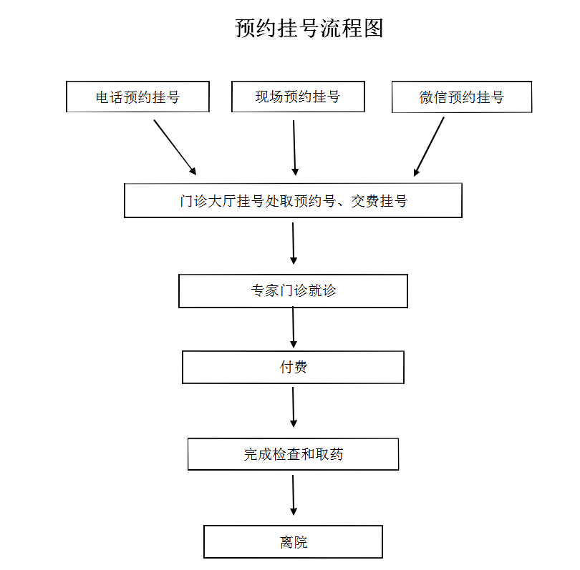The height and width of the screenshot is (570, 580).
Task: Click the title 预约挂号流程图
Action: [x=309, y=28]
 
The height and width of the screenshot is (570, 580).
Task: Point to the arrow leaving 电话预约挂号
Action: [x=175, y=147]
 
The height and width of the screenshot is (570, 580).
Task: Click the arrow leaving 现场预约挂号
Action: [x=294, y=148]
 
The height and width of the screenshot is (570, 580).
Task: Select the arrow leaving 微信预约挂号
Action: [x=429, y=147]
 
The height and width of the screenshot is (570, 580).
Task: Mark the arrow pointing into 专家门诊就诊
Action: [x=294, y=243]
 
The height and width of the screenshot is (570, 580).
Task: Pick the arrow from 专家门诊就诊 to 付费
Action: [x=294, y=328]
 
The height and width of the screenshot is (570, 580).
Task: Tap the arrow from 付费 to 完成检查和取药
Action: [x=294, y=407]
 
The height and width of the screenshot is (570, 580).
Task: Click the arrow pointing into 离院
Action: [x=294, y=495]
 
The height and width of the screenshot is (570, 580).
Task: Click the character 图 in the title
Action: [x=373, y=28]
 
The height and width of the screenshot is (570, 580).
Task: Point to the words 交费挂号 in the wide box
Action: [x=379, y=201]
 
